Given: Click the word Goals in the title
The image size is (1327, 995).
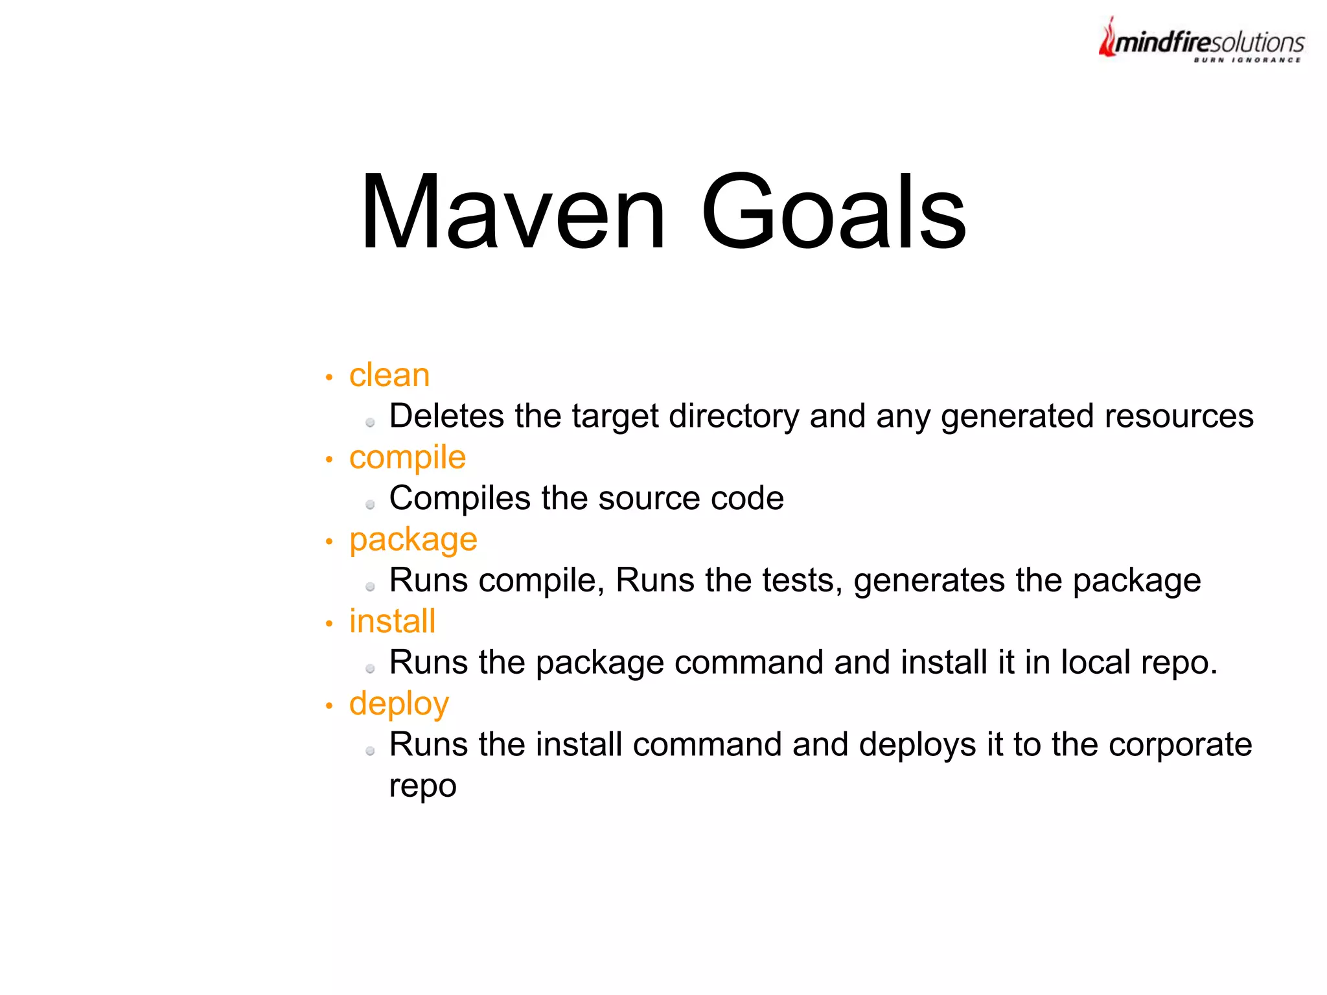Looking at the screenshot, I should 833,211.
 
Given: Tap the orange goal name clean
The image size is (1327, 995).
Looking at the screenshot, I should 389,376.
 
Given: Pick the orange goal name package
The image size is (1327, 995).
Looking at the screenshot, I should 413,540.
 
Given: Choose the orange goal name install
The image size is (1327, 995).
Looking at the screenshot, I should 392,622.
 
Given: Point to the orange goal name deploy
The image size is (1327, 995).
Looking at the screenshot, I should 399,705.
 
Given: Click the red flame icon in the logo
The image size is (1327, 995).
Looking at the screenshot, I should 1107,38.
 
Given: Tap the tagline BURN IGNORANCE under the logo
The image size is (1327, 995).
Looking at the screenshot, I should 1247,60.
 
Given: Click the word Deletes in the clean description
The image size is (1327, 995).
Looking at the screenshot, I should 446,416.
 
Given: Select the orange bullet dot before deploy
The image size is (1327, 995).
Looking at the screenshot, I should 329,705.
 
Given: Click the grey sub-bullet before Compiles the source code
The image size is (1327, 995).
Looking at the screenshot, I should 370,505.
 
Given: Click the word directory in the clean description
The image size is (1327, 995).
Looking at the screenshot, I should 734,416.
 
